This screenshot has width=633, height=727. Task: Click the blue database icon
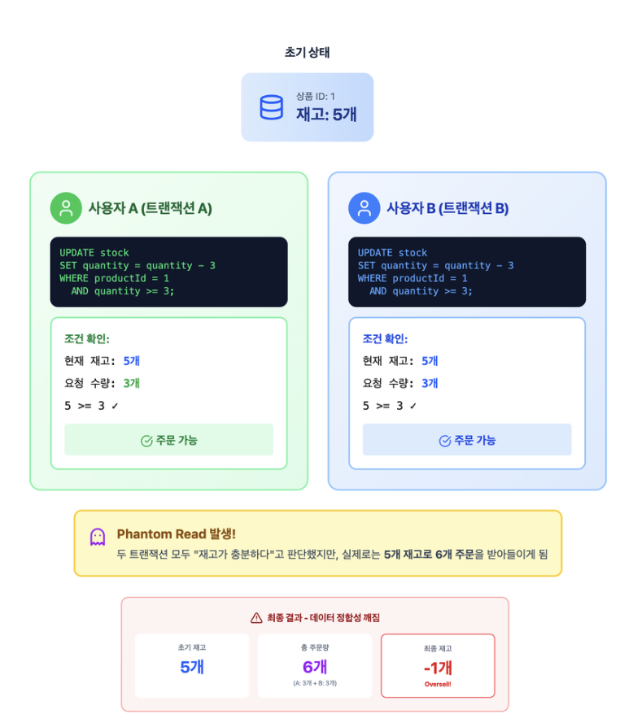(271, 107)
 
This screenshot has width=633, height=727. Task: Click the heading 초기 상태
(307, 52)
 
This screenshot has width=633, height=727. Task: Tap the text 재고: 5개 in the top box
(326, 114)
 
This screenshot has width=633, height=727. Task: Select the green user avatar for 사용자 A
(66, 208)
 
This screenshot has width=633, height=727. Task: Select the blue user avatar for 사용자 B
(365, 208)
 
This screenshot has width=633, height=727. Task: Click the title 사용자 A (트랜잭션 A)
(150, 208)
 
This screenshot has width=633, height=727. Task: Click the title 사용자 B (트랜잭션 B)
(447, 208)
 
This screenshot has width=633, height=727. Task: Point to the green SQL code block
(168, 272)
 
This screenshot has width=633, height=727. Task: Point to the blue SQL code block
(467, 272)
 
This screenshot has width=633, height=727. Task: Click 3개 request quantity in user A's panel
(132, 383)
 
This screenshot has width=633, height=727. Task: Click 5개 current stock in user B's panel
(430, 361)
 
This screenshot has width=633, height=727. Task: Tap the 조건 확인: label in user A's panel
(87, 339)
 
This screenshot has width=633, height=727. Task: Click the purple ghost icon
(98, 537)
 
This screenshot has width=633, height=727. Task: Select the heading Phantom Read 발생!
(176, 534)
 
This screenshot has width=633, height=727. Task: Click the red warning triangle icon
(256, 618)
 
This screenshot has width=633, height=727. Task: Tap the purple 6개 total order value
(314, 667)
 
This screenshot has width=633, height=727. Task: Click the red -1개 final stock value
(438, 668)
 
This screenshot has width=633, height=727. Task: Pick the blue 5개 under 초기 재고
(192, 668)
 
